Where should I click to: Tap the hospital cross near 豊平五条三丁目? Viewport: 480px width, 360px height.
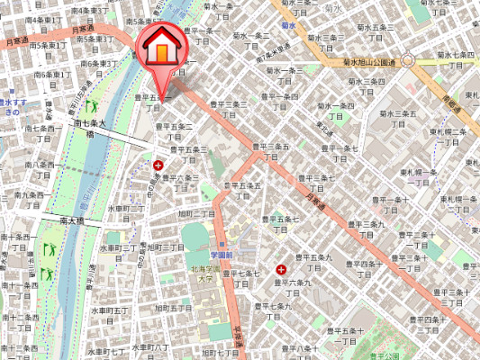point(160,165)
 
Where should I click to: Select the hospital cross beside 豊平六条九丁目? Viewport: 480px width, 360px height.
point(281,269)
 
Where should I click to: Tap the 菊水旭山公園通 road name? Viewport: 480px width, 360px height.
point(371,62)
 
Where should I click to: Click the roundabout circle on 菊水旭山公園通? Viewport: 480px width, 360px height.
point(408,61)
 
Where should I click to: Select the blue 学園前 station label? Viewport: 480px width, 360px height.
point(222,255)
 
